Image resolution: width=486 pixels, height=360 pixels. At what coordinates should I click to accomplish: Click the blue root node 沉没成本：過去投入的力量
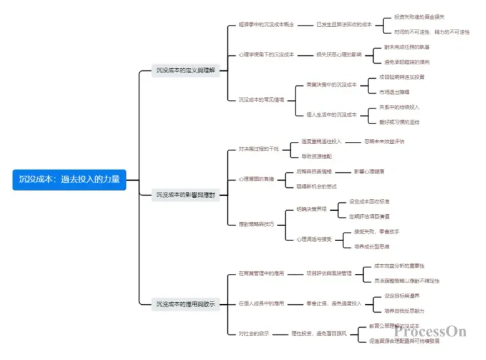[x=69, y=179]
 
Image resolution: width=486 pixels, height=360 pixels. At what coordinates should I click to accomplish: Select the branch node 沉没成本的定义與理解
[x=185, y=70]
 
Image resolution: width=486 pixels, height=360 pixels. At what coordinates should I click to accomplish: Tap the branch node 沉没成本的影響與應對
[x=185, y=195]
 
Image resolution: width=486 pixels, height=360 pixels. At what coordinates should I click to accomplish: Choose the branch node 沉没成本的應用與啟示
[x=185, y=304]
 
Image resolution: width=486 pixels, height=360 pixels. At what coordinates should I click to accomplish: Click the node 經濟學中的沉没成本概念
[x=267, y=24]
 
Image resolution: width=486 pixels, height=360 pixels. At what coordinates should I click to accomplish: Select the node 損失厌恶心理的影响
[x=339, y=55]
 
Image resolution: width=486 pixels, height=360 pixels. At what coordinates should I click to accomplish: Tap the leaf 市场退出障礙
[x=400, y=92]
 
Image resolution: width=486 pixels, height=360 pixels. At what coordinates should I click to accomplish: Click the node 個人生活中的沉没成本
[x=332, y=114]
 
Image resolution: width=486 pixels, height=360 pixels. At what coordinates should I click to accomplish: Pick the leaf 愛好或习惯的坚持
[x=399, y=122]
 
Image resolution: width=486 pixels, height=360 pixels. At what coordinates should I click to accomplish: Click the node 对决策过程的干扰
[x=259, y=149]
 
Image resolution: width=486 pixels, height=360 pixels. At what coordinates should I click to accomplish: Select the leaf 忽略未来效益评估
[x=384, y=141]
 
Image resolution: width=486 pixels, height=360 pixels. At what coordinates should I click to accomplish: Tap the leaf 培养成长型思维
[x=376, y=246]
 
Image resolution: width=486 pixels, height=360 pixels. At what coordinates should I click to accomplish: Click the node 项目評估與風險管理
[x=330, y=273]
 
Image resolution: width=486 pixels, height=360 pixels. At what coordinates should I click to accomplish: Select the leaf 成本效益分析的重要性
[x=399, y=266]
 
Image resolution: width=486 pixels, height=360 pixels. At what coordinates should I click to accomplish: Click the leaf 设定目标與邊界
[x=405, y=296]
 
